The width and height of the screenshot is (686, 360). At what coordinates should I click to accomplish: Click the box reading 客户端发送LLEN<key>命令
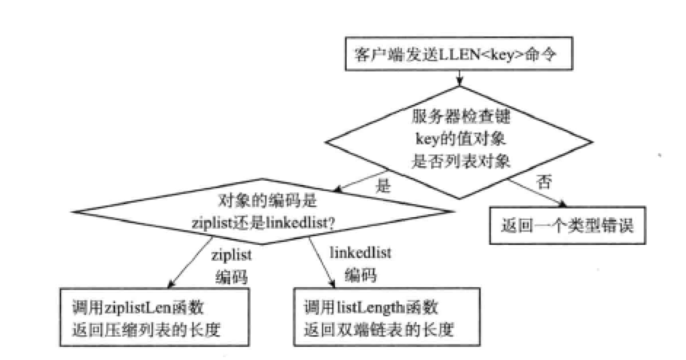click(x=457, y=55)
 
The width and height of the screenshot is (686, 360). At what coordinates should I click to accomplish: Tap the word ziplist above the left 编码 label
click(x=232, y=257)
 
